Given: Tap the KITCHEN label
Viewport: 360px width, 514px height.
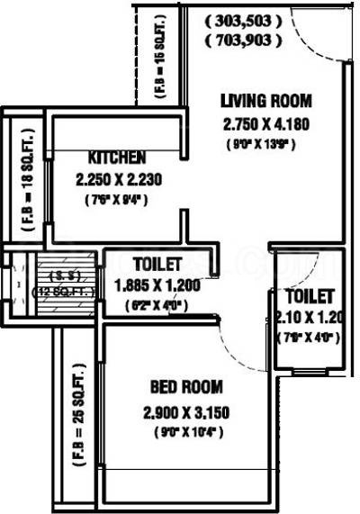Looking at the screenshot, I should (118, 157).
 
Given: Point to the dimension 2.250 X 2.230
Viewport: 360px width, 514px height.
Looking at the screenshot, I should (119, 179).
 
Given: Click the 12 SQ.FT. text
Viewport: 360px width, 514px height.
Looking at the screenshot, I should (54, 291).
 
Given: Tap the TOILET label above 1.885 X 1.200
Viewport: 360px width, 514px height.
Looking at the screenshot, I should (158, 265).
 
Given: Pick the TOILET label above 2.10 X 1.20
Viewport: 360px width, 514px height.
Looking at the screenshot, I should (310, 296).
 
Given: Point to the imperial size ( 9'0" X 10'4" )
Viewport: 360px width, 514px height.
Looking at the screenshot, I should (187, 432).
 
